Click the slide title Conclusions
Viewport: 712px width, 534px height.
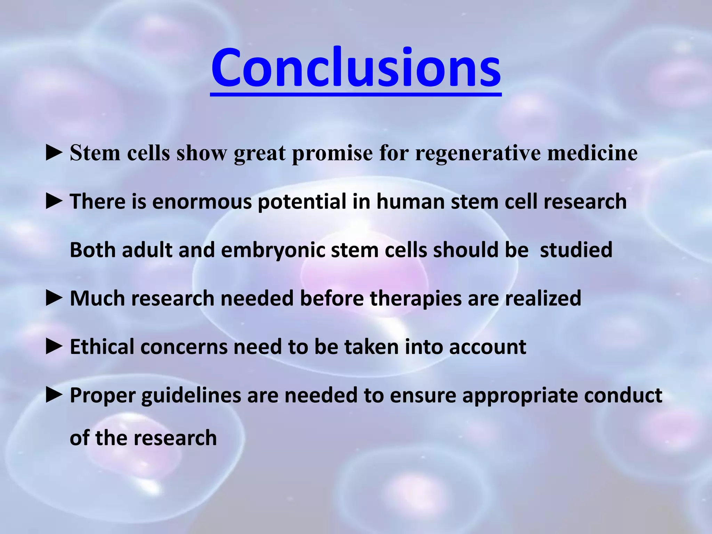pos(356,68)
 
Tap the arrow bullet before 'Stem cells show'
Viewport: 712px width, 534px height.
pos(54,153)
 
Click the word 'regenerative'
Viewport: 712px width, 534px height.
pos(478,153)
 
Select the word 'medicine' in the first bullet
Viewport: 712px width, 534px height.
pos(592,153)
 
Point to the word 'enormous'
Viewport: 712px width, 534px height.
pos(202,202)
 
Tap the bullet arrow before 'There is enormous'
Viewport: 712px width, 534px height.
pos(54,202)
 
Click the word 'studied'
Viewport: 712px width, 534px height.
pos(576,250)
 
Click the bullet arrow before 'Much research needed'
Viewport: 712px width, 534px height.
pos(54,298)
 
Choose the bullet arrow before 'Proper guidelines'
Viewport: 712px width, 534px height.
pos(54,395)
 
